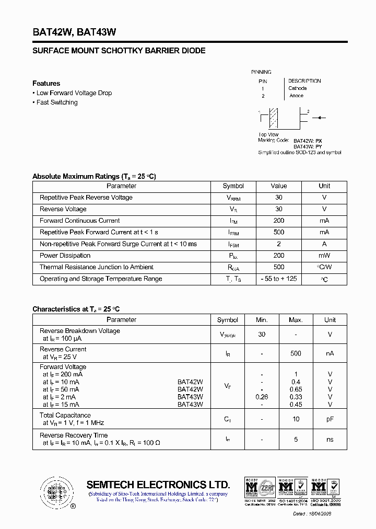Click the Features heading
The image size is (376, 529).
pyautogui.click(x=46, y=84)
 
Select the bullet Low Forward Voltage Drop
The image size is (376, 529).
pyautogui.click(x=74, y=93)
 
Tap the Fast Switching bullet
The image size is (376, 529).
pyautogui.click(x=56, y=102)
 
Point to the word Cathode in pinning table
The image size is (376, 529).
pyautogui.click(x=298, y=88)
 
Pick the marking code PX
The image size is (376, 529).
pyautogui.click(x=319, y=141)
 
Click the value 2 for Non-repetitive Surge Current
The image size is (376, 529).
pyautogui.click(x=279, y=244)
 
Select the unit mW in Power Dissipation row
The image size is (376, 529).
pyautogui.click(x=324, y=256)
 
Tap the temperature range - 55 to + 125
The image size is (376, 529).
pyautogui.click(x=279, y=279)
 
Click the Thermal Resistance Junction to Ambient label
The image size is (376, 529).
pyautogui.click(x=97, y=267)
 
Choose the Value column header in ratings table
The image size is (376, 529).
pyautogui.click(x=279, y=186)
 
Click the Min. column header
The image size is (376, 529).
pyautogui.click(x=262, y=320)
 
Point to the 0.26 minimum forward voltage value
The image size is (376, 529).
pyautogui.click(x=262, y=397)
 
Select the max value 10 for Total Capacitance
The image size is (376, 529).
pyautogui.click(x=296, y=419)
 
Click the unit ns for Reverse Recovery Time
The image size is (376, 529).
pyautogui.click(x=330, y=440)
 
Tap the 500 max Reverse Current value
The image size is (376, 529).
pyautogui.click(x=296, y=353)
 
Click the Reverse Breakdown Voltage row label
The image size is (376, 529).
pyautogui.click(x=80, y=331)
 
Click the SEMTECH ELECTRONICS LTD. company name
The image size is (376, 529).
pyautogui.click(x=158, y=485)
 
